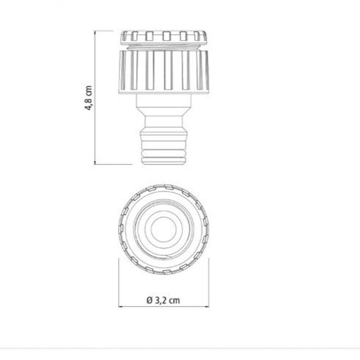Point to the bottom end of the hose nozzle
click(x=164, y=162)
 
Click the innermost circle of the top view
click(x=163, y=230)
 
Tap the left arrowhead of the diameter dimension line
click(x=120, y=307)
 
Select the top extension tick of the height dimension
click(x=104, y=31)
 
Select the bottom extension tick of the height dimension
click(x=112, y=164)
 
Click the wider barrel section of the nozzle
click(x=164, y=139)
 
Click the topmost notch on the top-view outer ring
click(x=168, y=186)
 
